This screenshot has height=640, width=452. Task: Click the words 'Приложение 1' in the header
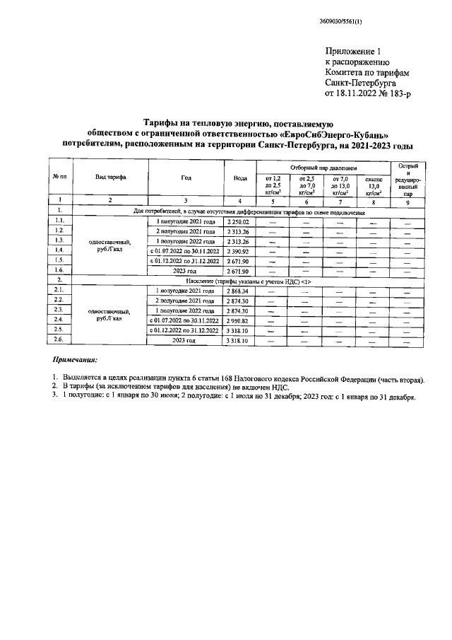(355, 52)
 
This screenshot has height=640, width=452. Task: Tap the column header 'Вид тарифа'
(111, 177)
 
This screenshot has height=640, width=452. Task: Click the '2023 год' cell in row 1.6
(186, 271)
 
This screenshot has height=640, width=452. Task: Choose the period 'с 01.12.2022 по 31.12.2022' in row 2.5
(186, 330)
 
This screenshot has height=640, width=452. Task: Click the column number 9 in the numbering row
(408, 201)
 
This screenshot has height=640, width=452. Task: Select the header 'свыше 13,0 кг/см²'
(374, 185)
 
